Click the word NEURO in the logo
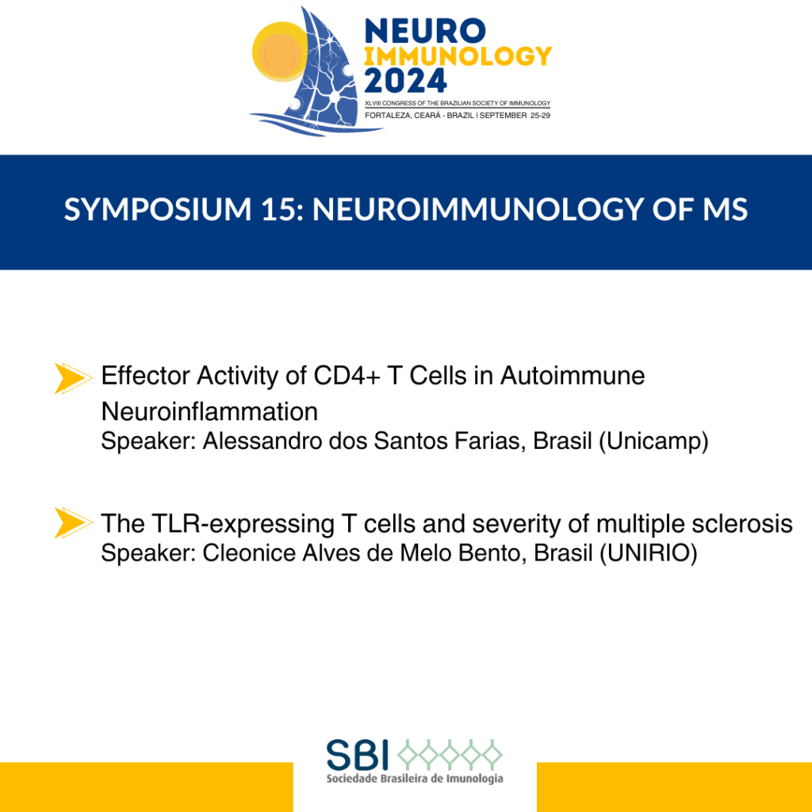tap(425, 31)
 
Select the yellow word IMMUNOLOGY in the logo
tap(458, 56)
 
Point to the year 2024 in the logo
tap(405, 80)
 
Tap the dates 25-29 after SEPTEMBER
tap(540, 116)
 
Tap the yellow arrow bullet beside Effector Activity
tap(73, 378)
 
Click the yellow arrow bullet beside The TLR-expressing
tap(73, 523)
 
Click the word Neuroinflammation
tap(209, 412)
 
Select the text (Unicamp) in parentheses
tap(653, 441)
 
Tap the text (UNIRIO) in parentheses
tap(649, 553)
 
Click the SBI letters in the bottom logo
tap(358, 755)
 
